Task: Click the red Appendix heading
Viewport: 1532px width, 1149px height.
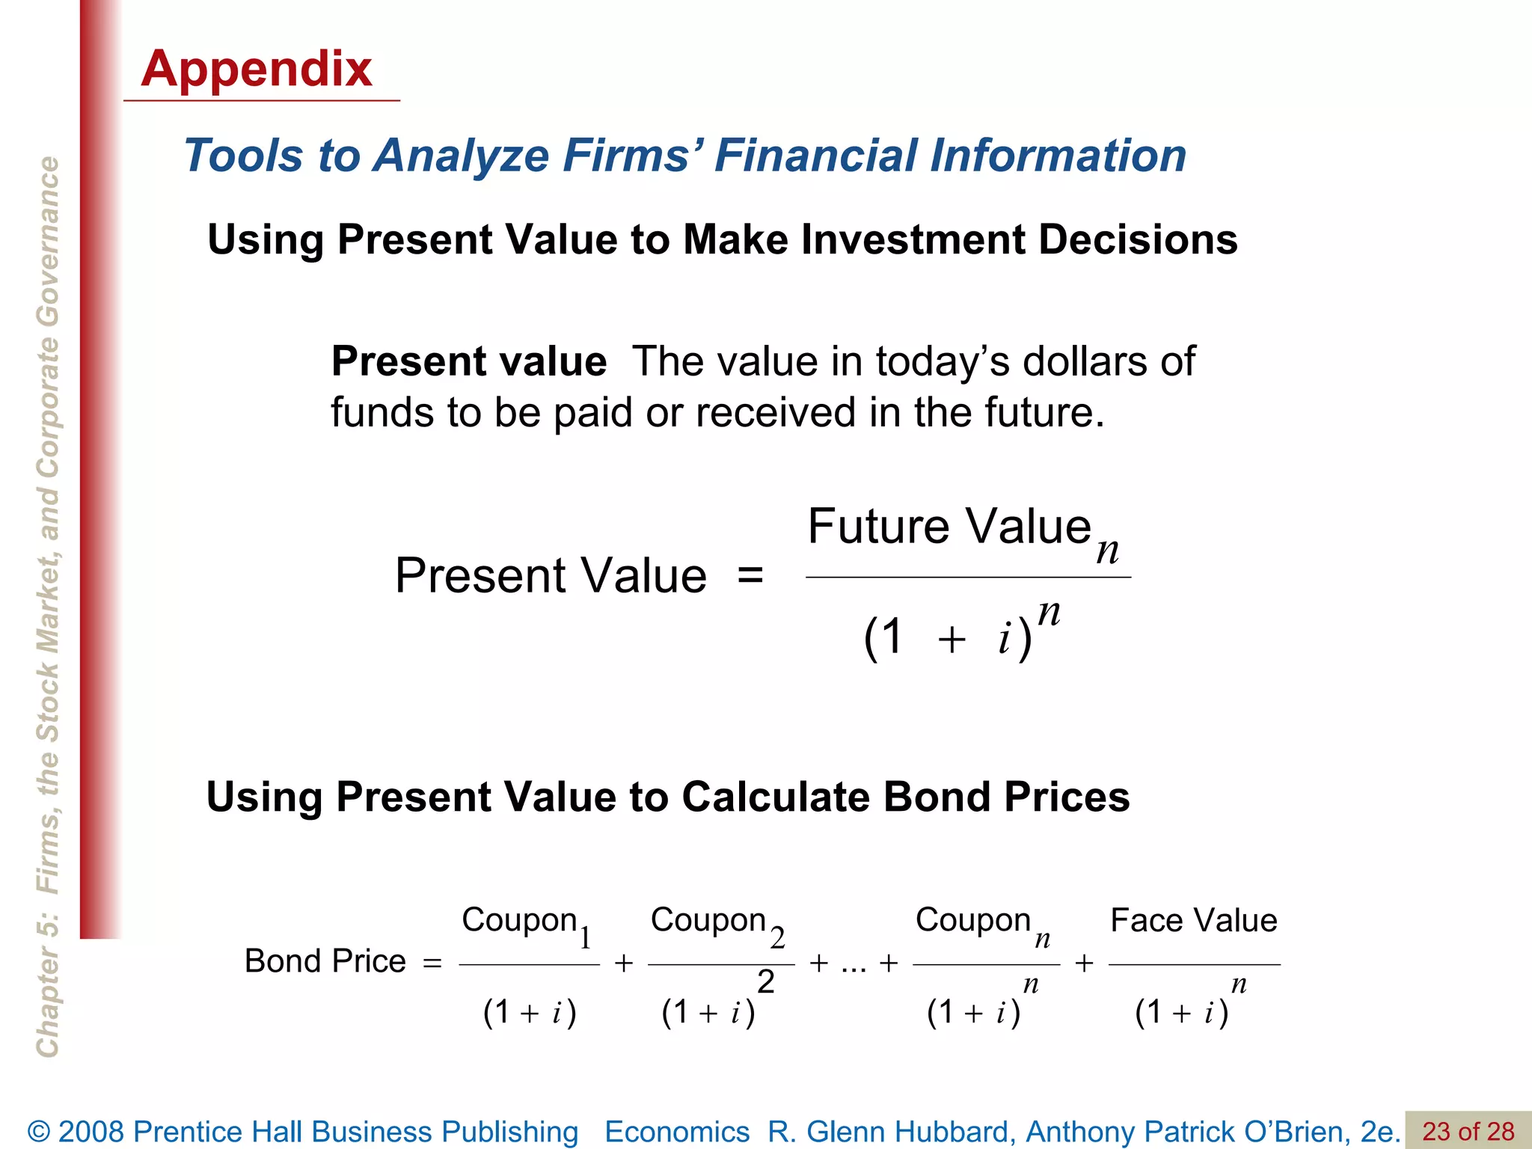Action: (x=257, y=69)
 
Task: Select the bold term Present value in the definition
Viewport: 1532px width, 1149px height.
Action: (x=469, y=362)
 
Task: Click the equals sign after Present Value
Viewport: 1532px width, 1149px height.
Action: (x=750, y=576)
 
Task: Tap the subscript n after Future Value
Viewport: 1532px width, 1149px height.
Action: (x=1108, y=551)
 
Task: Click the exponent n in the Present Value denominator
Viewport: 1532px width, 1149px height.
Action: (x=1050, y=613)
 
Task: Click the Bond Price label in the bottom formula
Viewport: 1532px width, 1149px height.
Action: (x=325, y=961)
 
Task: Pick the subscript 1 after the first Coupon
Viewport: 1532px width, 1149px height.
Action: (x=586, y=937)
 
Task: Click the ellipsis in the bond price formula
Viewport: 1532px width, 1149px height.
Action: (x=854, y=965)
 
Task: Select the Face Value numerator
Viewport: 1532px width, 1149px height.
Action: (x=1194, y=920)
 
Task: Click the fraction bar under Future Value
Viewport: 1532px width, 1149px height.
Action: (x=968, y=577)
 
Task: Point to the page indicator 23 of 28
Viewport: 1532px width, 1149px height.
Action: (x=1468, y=1131)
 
